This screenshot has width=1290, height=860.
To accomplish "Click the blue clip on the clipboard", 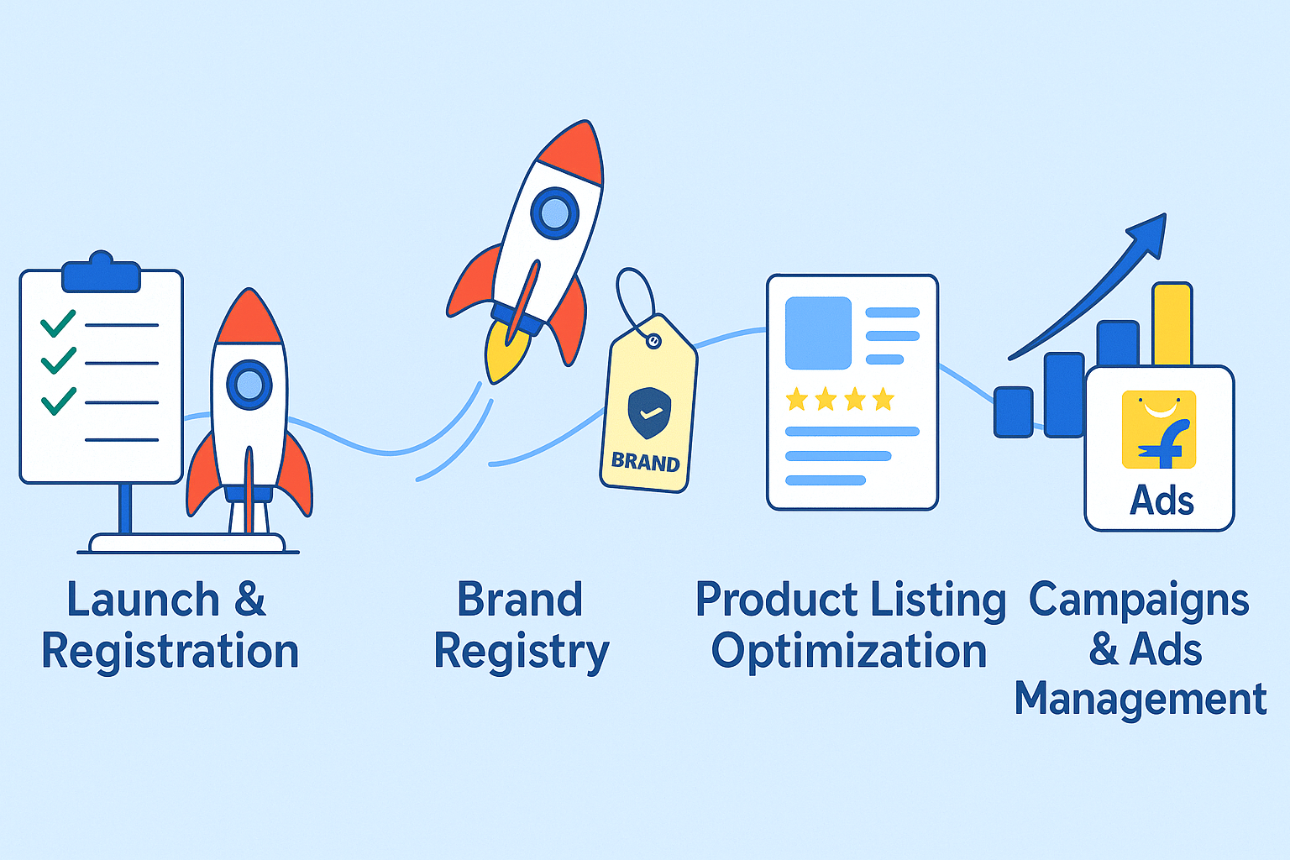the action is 102,272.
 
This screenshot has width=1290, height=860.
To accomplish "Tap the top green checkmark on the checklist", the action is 58,323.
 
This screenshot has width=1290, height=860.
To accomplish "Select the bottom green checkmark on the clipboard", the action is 58,401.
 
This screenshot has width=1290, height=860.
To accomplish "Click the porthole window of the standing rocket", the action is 249,384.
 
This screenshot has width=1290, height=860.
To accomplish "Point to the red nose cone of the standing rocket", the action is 249,318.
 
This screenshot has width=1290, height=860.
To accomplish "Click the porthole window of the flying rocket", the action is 554,213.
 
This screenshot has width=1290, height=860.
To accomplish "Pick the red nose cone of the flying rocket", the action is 573,153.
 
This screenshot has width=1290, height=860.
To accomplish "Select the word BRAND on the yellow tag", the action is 645,462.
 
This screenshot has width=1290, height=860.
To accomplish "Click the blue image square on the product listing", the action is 818,333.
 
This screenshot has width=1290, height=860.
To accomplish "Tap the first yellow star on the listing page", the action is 797,399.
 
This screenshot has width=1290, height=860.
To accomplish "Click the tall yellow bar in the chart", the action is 1172,324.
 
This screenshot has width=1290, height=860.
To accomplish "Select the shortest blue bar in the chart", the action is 1013,412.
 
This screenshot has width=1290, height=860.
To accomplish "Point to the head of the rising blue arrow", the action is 1149,234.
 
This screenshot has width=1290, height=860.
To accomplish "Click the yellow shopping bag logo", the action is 1159,430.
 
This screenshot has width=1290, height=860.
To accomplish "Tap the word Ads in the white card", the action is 1162,500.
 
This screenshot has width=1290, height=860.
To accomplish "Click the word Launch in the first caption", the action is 143,599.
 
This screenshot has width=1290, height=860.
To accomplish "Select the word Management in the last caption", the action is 1141,700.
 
